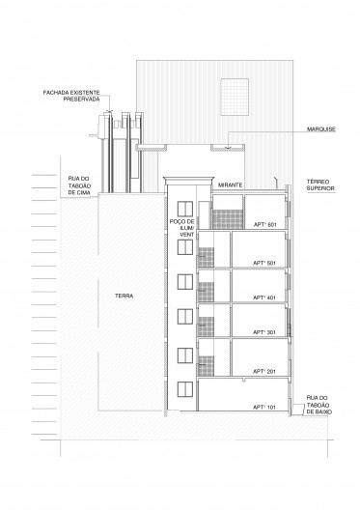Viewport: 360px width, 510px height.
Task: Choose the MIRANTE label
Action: [x=229, y=184]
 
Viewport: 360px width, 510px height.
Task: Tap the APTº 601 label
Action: [x=264, y=226]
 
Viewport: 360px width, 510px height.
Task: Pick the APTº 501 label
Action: [x=264, y=263]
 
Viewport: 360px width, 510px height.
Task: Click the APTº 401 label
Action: [x=264, y=298]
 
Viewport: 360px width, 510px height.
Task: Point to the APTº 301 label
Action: [x=264, y=334]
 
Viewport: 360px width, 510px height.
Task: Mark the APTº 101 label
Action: [x=264, y=408]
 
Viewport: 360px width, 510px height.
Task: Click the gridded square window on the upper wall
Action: [x=234, y=93]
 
